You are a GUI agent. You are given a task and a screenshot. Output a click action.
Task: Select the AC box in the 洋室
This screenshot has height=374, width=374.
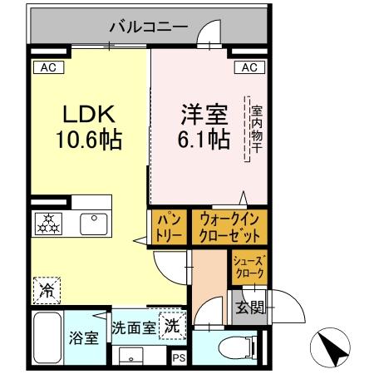250,67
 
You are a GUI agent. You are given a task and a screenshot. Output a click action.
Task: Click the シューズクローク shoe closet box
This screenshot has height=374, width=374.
249,267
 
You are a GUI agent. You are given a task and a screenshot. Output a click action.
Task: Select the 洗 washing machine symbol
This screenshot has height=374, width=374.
170,327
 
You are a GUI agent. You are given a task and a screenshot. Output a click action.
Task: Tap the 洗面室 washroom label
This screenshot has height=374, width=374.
133,327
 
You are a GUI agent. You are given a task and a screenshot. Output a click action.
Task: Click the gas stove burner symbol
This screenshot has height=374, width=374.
46,223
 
